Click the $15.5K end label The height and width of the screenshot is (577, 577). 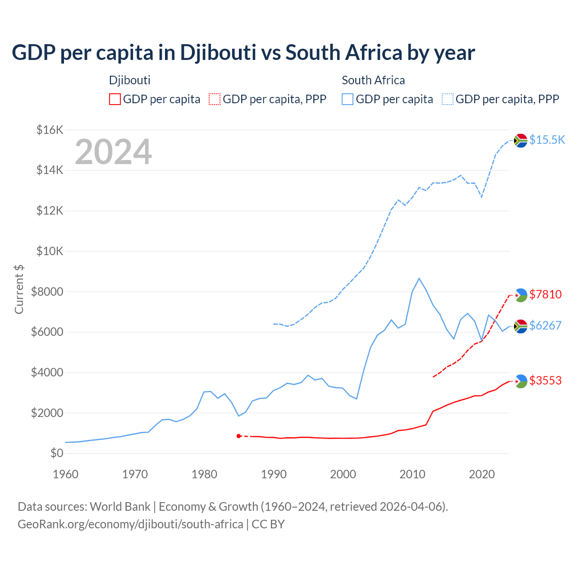[547, 140]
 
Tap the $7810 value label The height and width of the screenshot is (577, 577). [545, 294]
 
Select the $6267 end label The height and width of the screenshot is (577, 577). [545, 325]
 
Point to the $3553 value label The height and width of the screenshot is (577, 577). [545, 380]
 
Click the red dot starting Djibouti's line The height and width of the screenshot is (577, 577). [238, 436]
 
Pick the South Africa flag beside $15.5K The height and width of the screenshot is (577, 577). [521, 141]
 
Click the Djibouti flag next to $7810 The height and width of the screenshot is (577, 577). [521, 295]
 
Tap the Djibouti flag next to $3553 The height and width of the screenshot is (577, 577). [521, 381]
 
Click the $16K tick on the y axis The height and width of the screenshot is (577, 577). [50, 130]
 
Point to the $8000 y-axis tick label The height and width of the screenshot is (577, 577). [47, 292]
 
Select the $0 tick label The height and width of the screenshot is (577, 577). [56, 453]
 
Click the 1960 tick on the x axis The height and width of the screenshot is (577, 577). [66, 474]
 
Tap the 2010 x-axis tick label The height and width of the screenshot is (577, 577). [412, 474]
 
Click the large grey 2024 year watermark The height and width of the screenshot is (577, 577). [113, 152]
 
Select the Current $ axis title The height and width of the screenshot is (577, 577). [19, 289]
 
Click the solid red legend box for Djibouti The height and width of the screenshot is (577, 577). [115, 99]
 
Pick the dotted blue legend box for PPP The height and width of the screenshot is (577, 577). [448, 99]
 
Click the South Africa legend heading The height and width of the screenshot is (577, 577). [373, 80]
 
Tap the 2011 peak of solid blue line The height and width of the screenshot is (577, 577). [419, 279]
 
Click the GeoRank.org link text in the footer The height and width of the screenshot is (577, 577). [130, 524]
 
